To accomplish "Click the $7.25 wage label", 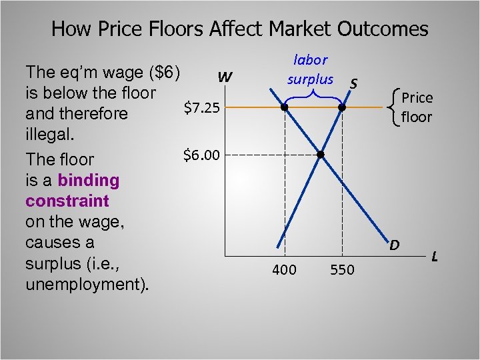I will tap(202, 107).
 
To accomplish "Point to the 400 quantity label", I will tap(285, 270).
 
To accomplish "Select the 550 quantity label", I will tap(343, 270).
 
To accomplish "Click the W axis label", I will tap(225, 78).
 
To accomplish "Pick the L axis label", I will tap(435, 255).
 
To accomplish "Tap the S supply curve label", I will tap(355, 83).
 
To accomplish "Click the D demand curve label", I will tap(395, 245).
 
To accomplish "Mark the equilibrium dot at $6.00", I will tap(320, 155).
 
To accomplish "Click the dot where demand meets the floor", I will tap(285, 107).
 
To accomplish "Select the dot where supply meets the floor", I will tap(343, 107).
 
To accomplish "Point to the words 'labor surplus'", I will tap(310, 69).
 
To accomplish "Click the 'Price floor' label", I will tap(417, 107).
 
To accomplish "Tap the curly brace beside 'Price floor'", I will tap(398, 107).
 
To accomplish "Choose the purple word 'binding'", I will tap(89, 180).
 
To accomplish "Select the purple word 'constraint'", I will tap(67, 201).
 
